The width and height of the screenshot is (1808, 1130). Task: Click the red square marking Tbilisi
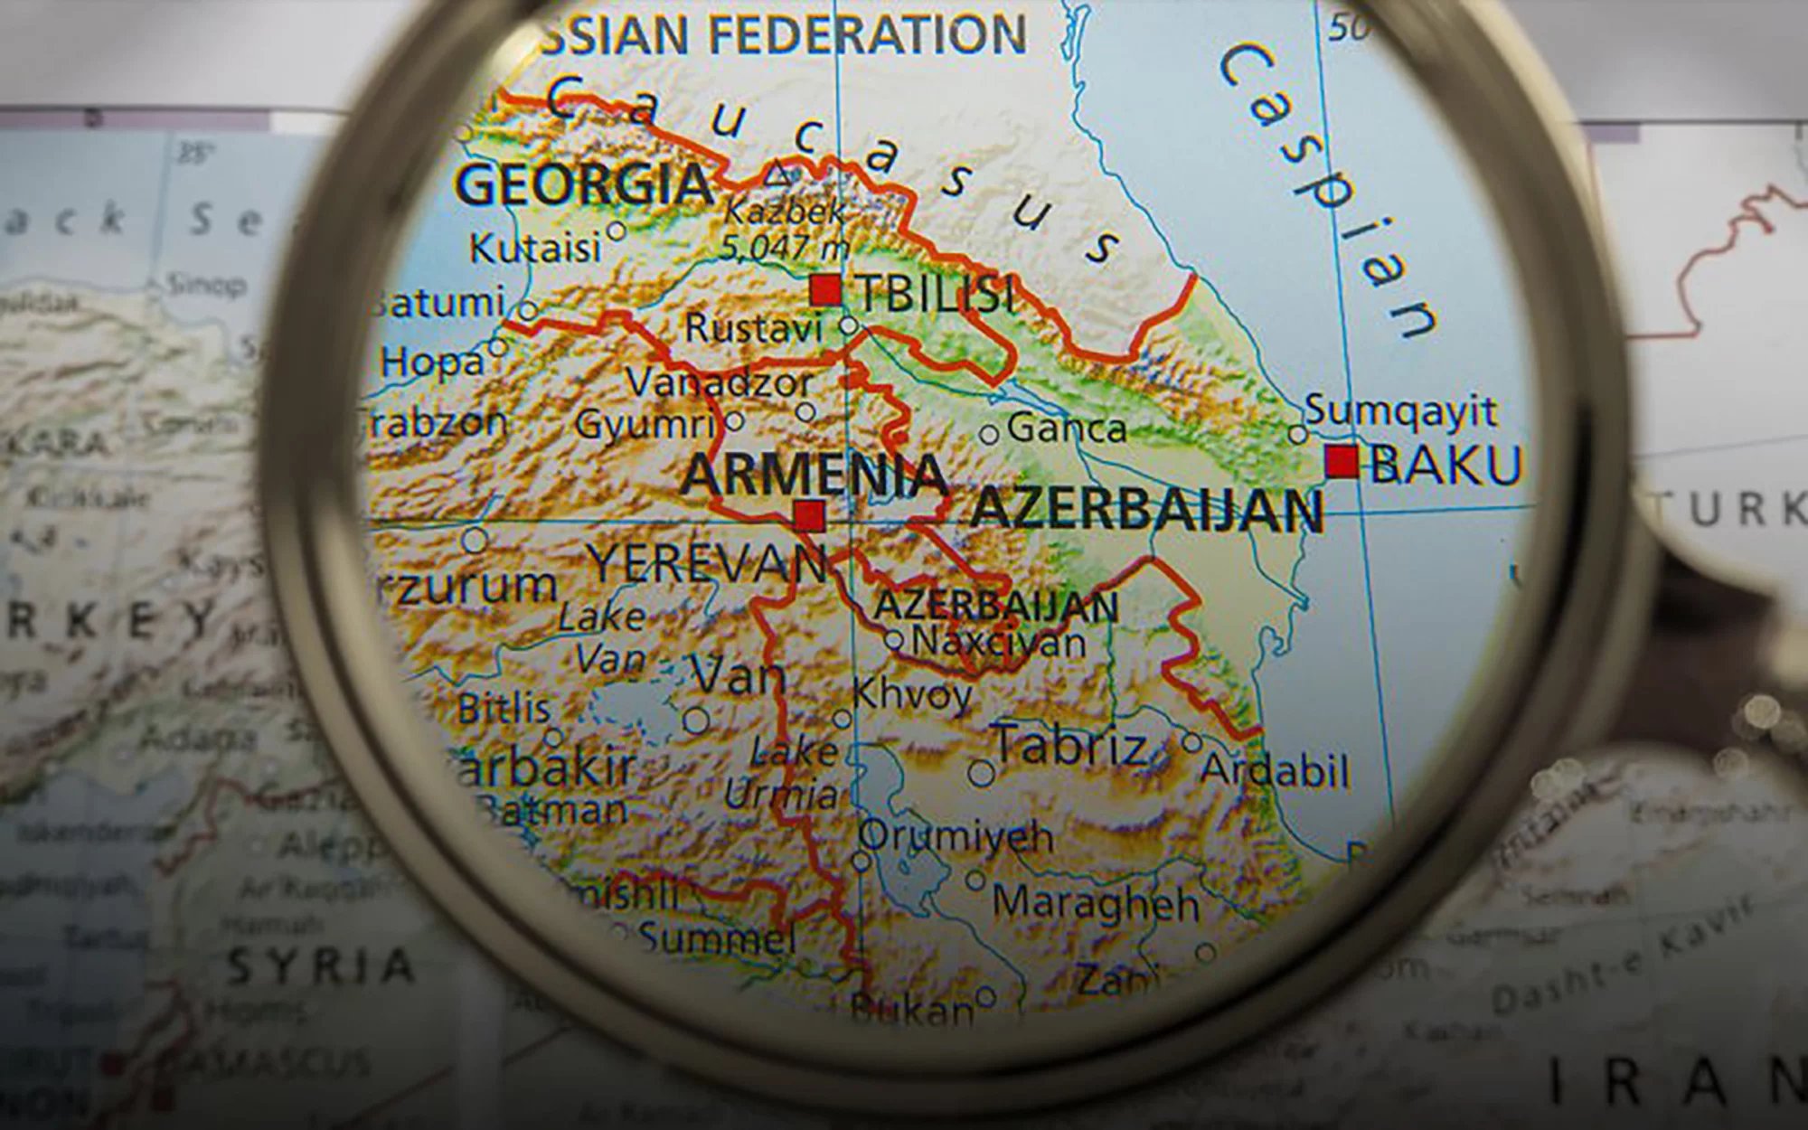click(x=824, y=291)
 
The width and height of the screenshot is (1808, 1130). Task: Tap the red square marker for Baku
click(x=1342, y=461)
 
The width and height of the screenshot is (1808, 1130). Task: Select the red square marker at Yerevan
click(x=808, y=516)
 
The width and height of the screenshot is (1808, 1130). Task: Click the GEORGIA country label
click(x=583, y=185)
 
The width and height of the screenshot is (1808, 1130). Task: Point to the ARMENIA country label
click(x=814, y=475)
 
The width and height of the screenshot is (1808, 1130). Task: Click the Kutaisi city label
click(x=535, y=248)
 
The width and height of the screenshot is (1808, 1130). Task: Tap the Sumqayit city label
click(x=1400, y=411)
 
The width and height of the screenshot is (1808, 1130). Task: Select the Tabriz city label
click(x=1071, y=747)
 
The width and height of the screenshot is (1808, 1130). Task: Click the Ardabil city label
click(x=1275, y=771)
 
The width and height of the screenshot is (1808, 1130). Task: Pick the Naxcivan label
click(x=999, y=642)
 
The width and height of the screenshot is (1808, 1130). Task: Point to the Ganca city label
click(x=1067, y=428)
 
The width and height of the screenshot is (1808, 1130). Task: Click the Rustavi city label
click(x=753, y=328)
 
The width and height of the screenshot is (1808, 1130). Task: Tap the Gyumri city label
click(x=645, y=423)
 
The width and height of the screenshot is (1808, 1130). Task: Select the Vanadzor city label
click(x=720, y=382)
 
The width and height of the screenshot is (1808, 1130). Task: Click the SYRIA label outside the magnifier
click(x=320, y=966)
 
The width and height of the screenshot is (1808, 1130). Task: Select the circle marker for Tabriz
click(x=981, y=773)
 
